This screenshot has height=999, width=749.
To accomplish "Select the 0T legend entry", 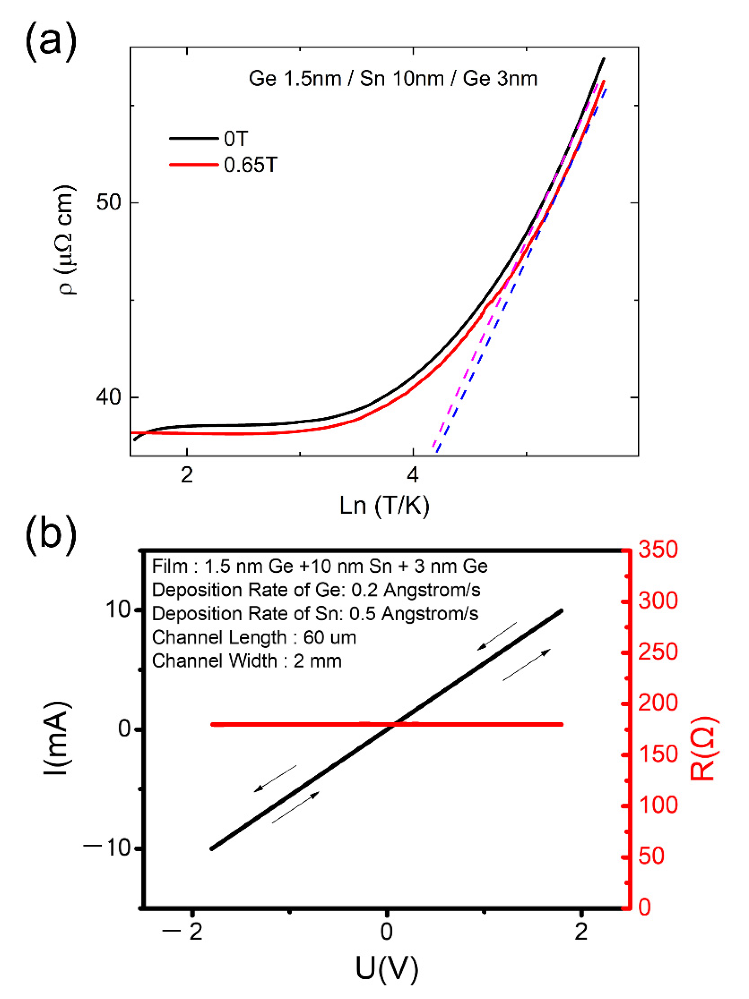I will (x=236, y=138).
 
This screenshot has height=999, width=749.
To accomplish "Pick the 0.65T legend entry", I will (x=250, y=165).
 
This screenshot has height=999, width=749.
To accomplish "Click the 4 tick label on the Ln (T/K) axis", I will (x=412, y=476).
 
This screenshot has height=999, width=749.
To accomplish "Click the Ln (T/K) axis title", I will (x=385, y=505).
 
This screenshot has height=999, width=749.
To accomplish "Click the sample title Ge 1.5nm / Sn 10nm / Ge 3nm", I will (x=393, y=78).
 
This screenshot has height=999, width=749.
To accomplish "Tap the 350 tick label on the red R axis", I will (x=658, y=550).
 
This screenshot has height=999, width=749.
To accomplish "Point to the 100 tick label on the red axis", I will (x=658, y=805).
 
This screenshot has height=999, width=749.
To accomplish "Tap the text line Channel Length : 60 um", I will (x=254, y=637).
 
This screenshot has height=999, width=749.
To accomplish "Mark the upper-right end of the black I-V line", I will (x=562, y=611).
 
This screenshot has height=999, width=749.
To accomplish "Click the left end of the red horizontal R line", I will (x=212, y=724).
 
